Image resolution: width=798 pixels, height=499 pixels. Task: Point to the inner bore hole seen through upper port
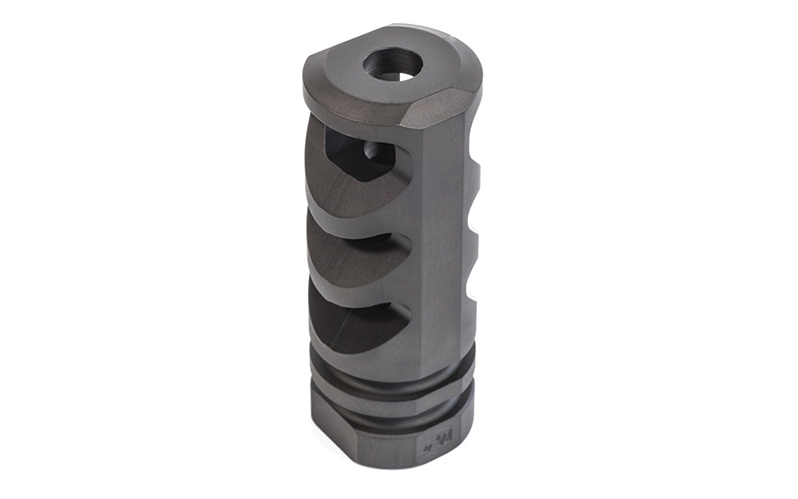371,153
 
